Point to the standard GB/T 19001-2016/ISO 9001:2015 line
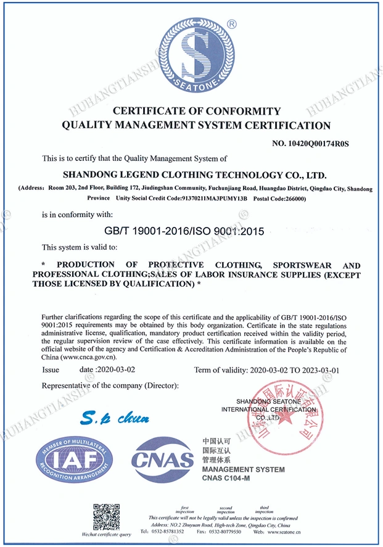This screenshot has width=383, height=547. [185, 231]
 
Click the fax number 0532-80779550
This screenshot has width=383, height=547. [223, 531]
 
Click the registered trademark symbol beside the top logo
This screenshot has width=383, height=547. [231, 24]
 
